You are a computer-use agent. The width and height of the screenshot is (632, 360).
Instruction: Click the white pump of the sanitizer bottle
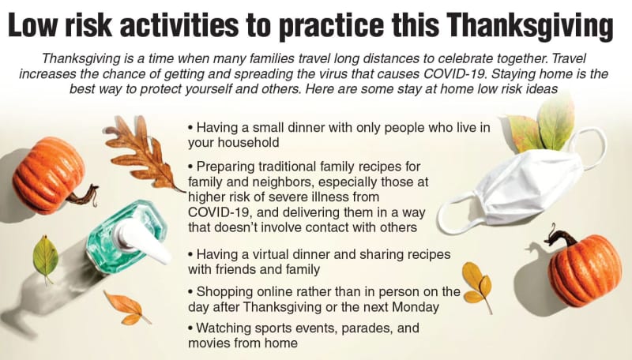pyautogui.click(x=142, y=239)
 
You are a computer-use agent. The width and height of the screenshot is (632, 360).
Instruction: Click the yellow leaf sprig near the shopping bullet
pyautogui.click(x=478, y=286)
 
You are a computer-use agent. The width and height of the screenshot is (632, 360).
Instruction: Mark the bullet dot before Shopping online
pyautogui.click(x=190, y=292)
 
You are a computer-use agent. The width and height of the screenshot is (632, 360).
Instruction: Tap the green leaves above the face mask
pyautogui.click(x=542, y=124)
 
